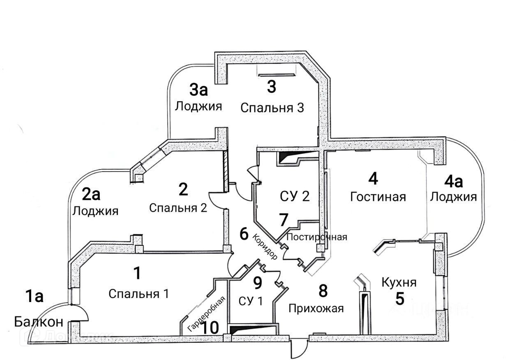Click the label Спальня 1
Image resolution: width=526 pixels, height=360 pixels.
coord(139,294)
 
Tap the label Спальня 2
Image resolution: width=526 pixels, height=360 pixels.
coord(178,208)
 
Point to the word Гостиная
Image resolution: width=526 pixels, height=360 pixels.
coord(378,197)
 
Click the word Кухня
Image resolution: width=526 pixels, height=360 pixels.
coord(399,282)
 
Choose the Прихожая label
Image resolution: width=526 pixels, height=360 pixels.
coord(316,308)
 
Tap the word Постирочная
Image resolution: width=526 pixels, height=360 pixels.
coord(316,237)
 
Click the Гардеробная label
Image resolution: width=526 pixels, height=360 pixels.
coord(207,313)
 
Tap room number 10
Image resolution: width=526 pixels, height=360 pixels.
coord(208,328)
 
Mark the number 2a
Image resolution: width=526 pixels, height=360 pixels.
coord(92,194)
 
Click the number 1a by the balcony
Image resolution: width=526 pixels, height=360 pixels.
coord(34,296)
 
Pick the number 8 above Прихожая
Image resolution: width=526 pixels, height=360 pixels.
coord(323,291)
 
